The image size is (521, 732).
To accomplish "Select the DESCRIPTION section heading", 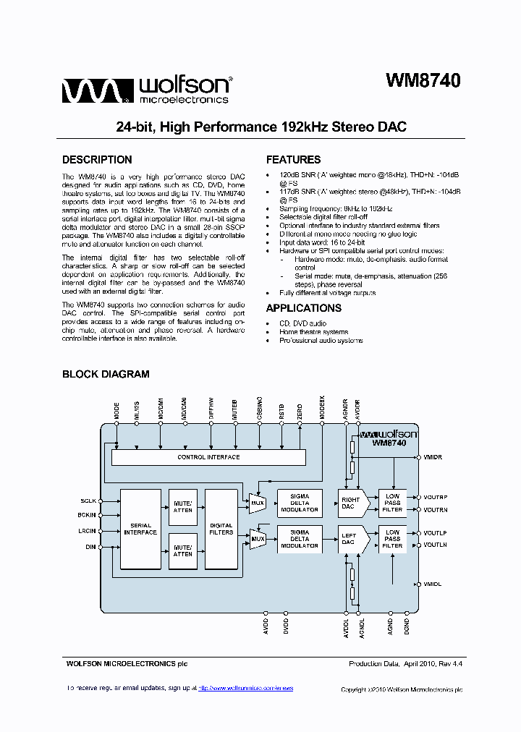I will pyautogui.click(x=97, y=160).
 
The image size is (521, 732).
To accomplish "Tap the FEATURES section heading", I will pyautogui.click(x=293, y=160).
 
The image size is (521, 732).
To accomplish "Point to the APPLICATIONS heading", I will pyautogui.click(x=304, y=308).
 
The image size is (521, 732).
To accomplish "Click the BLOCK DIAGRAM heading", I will pyautogui.click(x=106, y=374).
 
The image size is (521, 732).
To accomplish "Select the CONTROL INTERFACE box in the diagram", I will pyautogui.click(x=208, y=457).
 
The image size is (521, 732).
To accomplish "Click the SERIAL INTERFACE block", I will pyautogui.click(x=140, y=529).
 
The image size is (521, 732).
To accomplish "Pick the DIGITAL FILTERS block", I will pyautogui.click(x=221, y=529).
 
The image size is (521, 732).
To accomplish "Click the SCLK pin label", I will pyautogui.click(x=88, y=501).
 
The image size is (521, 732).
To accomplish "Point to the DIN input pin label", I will pyautogui.click(x=90, y=547).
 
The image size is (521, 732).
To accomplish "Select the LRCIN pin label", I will pyautogui.click(x=86, y=531).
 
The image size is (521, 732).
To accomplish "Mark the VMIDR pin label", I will pyautogui.click(x=433, y=458).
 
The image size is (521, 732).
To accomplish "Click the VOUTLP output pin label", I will pyautogui.click(x=435, y=533).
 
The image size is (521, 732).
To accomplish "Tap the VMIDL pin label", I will pyautogui.click(x=433, y=584).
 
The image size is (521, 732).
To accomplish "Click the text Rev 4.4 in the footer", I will pyautogui.click(x=450, y=663).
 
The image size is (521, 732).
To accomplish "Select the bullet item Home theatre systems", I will pyautogui.click(x=313, y=332).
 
